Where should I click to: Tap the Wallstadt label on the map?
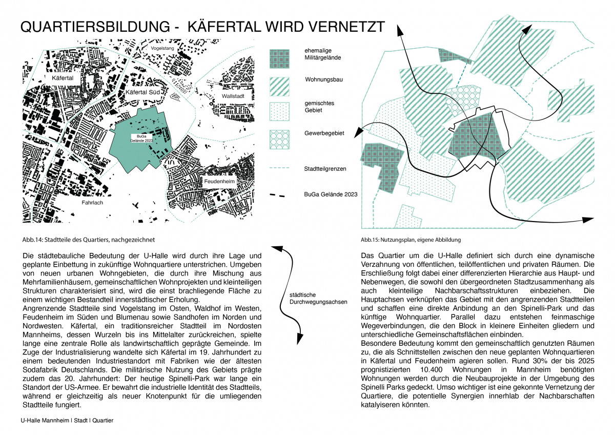233,96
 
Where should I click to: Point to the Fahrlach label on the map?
92,203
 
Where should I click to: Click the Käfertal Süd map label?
144,92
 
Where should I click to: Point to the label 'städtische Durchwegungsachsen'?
315,298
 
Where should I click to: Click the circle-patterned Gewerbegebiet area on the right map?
462,100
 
